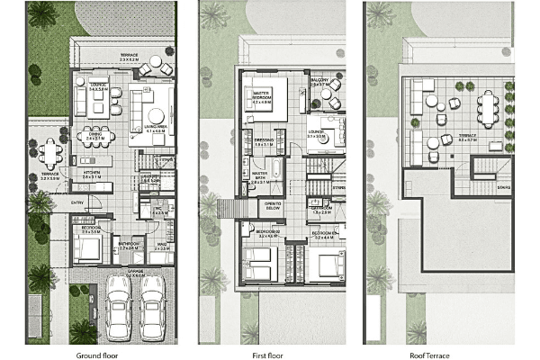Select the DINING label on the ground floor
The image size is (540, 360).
[x=94, y=138]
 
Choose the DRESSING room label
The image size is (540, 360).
[x=264, y=141]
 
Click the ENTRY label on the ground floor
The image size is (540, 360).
[x=79, y=202]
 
